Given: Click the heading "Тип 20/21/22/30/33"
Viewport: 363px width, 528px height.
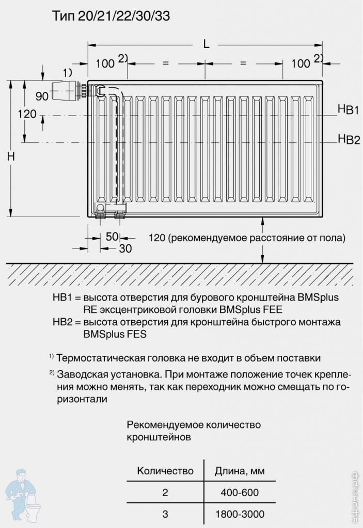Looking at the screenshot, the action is [x=111, y=16].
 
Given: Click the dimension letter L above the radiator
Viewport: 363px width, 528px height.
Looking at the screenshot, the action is [x=206, y=44].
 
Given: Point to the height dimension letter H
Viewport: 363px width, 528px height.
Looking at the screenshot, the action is [x=11, y=156].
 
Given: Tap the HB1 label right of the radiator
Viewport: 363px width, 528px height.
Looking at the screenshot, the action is [x=349, y=109].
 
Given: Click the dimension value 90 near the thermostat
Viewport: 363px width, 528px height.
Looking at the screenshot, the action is [x=42, y=96].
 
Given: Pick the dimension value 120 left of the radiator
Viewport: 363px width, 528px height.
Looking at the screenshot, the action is [x=27, y=114].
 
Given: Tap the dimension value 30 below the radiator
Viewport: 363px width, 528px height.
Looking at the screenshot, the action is [x=125, y=249].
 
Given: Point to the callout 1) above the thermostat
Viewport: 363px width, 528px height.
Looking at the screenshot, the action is [x=68, y=72].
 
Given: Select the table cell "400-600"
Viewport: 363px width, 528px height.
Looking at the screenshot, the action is [x=240, y=492].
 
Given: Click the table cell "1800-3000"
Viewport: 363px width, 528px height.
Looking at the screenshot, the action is [x=240, y=514].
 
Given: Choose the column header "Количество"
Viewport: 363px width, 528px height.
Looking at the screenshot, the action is [x=165, y=470].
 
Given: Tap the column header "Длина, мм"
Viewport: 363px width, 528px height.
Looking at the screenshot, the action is [x=240, y=470].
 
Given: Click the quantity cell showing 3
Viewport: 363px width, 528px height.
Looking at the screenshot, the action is [x=165, y=514].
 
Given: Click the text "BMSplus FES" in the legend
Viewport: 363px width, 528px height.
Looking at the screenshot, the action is [x=115, y=334].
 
